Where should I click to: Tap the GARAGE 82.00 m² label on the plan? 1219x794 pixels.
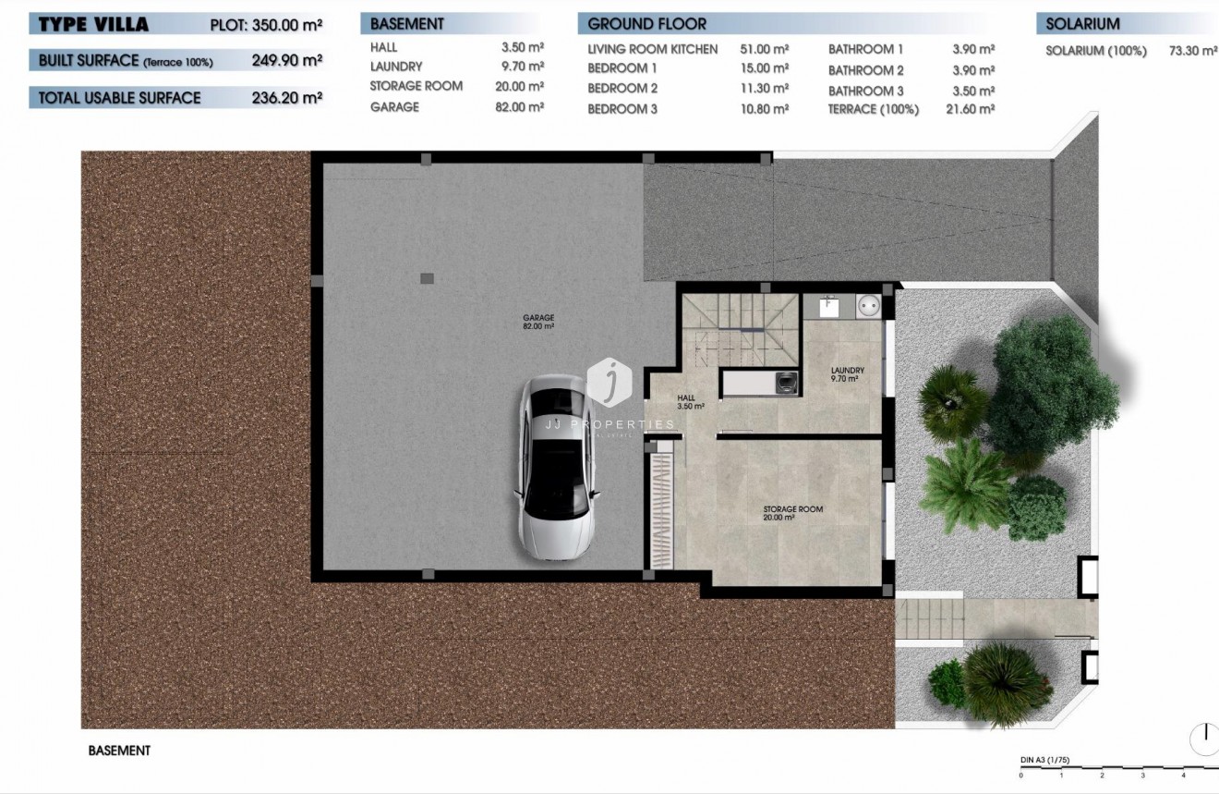coord(538,322)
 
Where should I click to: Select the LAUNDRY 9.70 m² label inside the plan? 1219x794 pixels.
coord(848,374)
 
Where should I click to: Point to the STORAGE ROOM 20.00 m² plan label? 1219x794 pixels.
coord(792,513)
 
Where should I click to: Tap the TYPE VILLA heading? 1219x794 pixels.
coord(93,25)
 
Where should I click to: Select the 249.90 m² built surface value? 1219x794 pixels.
coord(286,61)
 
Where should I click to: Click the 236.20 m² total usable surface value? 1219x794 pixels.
coord(286,97)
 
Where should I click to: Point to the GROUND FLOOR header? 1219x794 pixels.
coord(646,24)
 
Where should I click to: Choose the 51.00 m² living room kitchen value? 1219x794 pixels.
coord(764,49)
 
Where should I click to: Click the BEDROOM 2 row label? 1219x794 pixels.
coord(622,89)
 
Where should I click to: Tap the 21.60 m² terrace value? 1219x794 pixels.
coord(972,109)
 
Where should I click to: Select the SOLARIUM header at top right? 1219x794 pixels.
coord(1082,24)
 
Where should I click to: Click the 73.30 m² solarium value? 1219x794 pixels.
coord(1192,51)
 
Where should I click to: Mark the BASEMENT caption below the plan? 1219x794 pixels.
coord(119,751)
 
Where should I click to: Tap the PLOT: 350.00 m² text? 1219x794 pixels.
coord(266,25)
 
